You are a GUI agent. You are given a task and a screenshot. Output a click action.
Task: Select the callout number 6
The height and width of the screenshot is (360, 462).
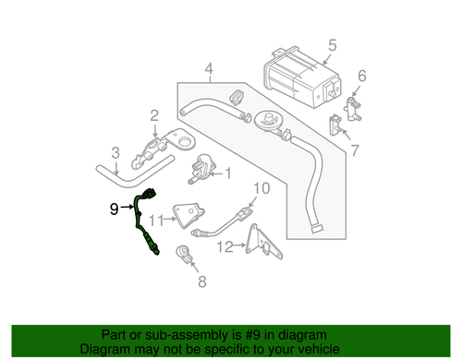point(362,76)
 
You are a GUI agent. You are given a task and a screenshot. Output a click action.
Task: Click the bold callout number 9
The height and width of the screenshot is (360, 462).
point(114,210)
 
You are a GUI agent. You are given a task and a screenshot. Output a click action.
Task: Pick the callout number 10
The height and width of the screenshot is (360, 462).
point(261,188)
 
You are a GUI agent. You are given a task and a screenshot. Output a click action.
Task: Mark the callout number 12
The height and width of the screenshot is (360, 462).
point(224,246)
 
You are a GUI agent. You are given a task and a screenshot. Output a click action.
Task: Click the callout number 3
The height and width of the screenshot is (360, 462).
point(115,153)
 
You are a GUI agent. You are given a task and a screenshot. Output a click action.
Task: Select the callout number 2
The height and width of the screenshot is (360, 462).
point(154,115)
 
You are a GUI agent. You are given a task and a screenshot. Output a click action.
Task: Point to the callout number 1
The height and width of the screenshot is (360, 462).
point(229,173)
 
